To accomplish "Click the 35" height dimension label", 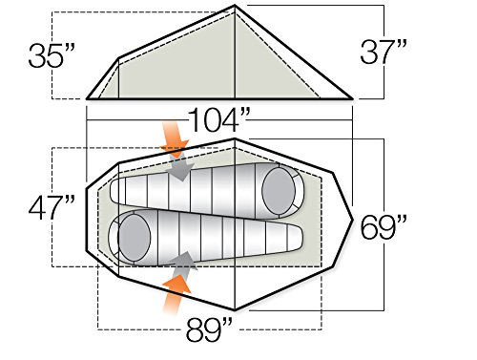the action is coord(52,55).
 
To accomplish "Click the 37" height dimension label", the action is coord(384,52).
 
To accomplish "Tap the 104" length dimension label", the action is coord(219,119).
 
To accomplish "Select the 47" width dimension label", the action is coord(52,207).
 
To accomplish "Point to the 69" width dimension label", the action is coord(384,227).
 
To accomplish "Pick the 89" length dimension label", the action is coord(209,329).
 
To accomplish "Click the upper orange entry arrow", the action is coord(174,138).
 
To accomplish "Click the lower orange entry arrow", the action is coord(176,294).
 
